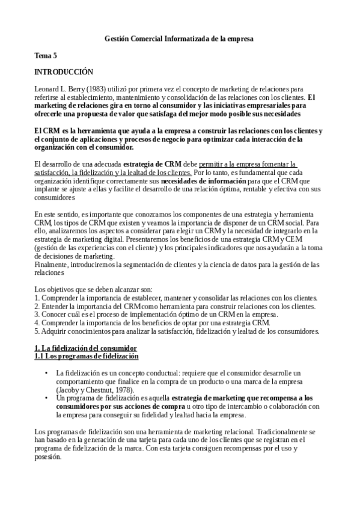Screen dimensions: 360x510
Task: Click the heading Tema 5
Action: (x=46, y=55)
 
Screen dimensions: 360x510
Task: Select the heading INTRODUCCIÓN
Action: (x=64, y=72)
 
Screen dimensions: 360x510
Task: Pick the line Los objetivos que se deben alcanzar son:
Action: (x=92, y=272)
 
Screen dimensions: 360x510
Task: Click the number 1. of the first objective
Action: (x=37, y=281)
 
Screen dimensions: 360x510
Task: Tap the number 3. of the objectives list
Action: (x=37, y=298)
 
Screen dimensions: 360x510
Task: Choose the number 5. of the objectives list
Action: (x=37, y=315)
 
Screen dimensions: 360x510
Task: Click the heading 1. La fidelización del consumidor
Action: (x=86, y=348)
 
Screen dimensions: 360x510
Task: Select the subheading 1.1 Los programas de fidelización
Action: (x=87, y=357)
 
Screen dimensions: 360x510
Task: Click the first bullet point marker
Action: (x=47, y=373)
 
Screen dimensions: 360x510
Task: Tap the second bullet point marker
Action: (x=47, y=398)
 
